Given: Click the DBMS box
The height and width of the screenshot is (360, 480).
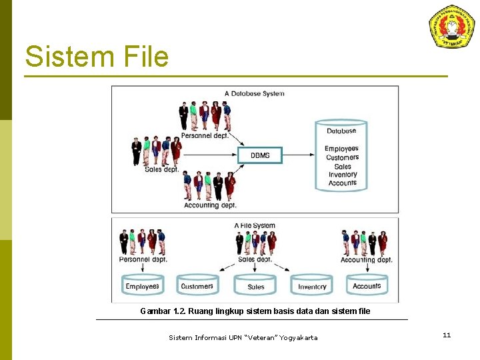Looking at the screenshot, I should pyautogui.click(x=260, y=155).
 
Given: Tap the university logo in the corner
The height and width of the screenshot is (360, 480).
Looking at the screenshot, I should pyautogui.click(x=451, y=27).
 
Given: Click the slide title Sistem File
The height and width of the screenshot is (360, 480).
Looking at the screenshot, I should pyautogui.click(x=97, y=57).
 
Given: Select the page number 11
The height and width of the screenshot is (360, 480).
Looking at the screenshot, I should pyautogui.click(x=446, y=335).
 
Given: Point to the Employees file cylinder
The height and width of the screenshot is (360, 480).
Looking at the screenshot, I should pyautogui.click(x=142, y=285).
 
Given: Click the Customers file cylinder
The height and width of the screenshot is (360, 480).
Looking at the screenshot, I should pyautogui.click(x=197, y=285).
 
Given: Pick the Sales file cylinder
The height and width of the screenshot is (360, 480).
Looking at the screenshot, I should pyautogui.click(x=255, y=286).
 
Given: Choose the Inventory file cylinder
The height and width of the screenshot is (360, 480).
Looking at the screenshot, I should pyautogui.click(x=312, y=286).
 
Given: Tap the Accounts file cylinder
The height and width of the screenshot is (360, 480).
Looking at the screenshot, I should pyautogui.click(x=367, y=285).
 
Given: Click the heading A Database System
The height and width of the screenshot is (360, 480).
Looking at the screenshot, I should pyautogui.click(x=254, y=93).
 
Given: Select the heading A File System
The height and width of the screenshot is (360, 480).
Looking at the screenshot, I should pyautogui.click(x=255, y=226).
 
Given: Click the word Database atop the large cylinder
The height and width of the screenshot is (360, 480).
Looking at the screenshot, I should pyautogui.click(x=341, y=131).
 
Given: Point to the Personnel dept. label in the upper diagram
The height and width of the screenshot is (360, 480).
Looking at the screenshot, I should pyautogui.click(x=205, y=135).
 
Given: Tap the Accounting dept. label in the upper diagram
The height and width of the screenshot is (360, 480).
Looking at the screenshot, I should pyautogui.click(x=210, y=205).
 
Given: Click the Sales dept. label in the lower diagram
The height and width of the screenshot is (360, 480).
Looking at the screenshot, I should pyautogui.click(x=255, y=259).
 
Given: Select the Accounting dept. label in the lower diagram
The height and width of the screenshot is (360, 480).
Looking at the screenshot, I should pyautogui.click(x=366, y=259).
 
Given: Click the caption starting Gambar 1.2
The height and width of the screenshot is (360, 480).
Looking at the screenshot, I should pyautogui.click(x=255, y=311).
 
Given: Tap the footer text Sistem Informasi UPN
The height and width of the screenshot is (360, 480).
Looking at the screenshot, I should pyautogui.click(x=243, y=338).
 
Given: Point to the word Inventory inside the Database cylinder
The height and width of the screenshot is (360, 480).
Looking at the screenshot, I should pyautogui.click(x=343, y=175).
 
